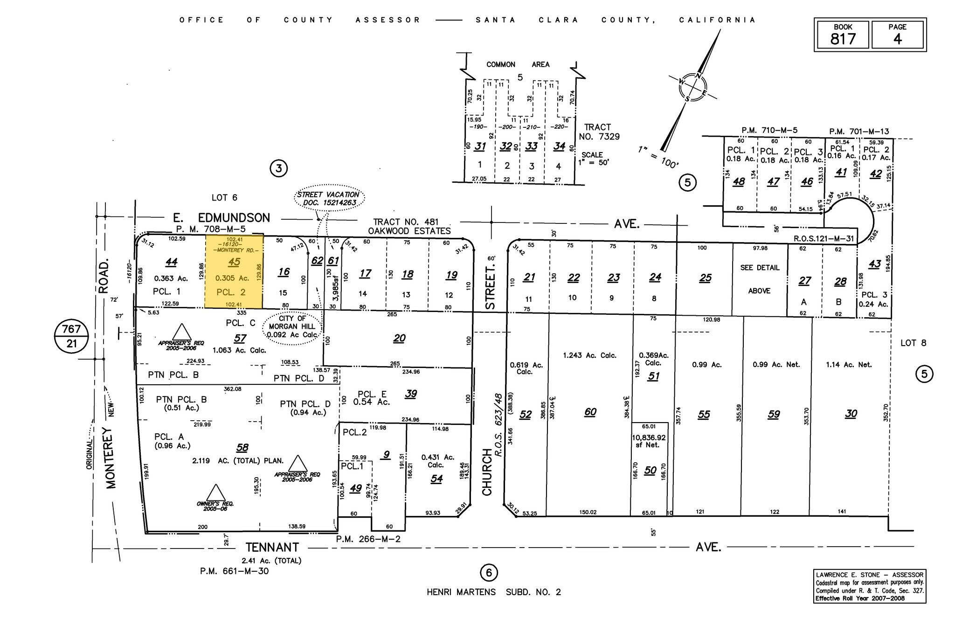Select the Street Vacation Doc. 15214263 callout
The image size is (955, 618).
[329, 199]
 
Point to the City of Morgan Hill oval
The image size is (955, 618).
[293, 326]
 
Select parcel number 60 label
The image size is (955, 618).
[590, 412]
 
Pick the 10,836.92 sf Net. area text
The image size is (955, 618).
[649, 441]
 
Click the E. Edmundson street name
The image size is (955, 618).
[221, 218]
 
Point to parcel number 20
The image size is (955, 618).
[399, 338]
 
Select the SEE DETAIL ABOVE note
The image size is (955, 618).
[759, 279]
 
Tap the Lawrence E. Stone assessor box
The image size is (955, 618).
[870, 586]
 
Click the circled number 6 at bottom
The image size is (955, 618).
[488, 572]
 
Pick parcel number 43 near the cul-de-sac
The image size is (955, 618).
[874, 264]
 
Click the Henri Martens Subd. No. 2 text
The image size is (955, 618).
[494, 592]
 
